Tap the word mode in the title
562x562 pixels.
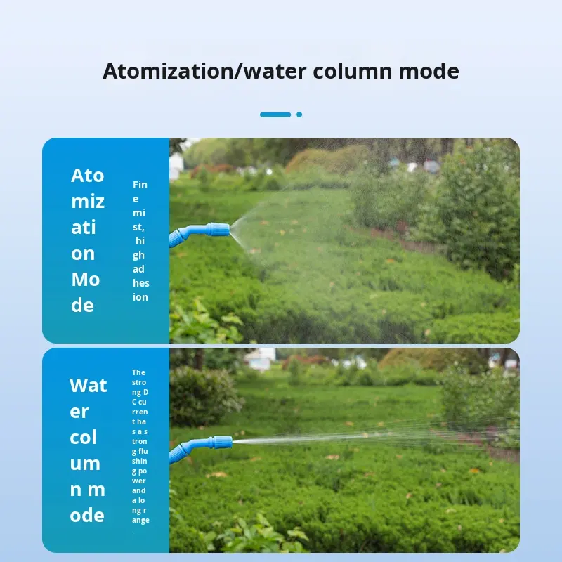(429, 72)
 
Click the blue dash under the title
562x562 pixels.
(275, 115)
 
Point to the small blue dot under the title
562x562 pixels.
(299, 115)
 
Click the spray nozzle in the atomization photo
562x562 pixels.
(218, 229)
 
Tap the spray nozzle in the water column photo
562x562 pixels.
(221, 443)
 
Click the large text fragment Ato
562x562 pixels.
(87, 176)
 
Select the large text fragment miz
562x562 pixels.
(87, 202)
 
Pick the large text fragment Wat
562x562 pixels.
(88, 385)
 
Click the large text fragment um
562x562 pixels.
(85, 464)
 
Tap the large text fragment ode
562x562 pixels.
(87, 516)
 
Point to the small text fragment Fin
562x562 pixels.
(140, 185)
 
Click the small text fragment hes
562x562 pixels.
(140, 283)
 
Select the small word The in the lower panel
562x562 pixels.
(138, 372)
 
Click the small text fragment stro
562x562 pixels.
(139, 382)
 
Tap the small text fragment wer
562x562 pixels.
(139, 481)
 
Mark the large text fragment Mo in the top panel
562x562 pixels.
(85, 280)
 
